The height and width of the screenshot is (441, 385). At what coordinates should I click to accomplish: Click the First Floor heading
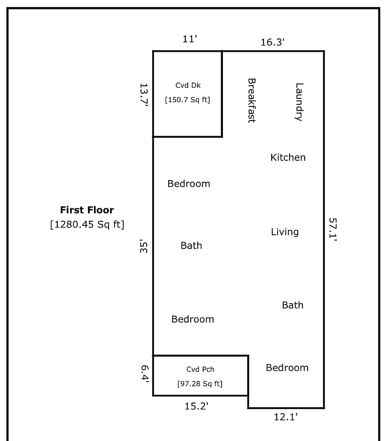point(87,210)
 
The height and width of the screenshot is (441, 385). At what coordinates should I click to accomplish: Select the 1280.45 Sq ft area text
point(87,225)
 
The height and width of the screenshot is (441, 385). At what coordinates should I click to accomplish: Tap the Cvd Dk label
point(188,85)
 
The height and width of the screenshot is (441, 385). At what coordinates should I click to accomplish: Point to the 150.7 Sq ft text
point(187,100)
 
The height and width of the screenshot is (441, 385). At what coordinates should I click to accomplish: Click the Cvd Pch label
point(200,369)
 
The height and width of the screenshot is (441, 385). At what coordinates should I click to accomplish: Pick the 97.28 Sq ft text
point(200,384)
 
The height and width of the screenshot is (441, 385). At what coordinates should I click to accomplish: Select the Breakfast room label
point(252,101)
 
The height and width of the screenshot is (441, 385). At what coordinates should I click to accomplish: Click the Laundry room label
point(299,102)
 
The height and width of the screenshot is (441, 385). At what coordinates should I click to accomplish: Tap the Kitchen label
point(288,157)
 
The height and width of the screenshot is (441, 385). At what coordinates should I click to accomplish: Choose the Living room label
point(284,232)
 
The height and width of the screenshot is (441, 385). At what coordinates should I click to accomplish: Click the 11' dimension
point(190,39)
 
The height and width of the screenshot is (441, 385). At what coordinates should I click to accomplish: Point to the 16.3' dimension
point(272,42)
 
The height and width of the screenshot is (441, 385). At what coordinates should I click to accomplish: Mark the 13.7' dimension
point(144,95)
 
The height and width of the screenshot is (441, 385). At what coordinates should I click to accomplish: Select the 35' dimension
point(144,246)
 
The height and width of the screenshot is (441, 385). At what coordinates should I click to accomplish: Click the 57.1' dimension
point(333,229)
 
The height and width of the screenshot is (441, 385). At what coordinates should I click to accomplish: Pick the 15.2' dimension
point(196,406)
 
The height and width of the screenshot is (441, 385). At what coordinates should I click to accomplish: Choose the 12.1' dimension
point(286,417)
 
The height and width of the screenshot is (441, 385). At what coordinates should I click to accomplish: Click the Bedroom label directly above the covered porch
point(192,319)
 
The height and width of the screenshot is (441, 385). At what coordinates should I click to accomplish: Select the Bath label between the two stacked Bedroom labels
point(191,246)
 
